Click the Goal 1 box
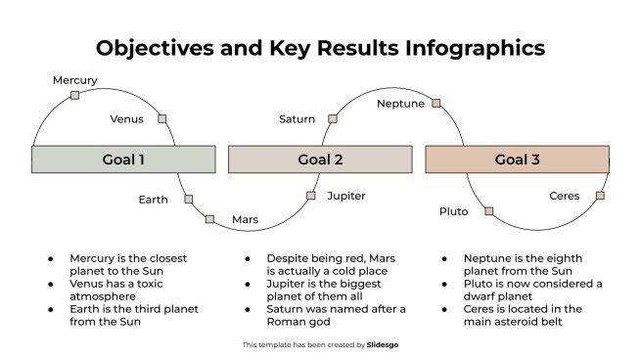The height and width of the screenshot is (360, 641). [x=123, y=159]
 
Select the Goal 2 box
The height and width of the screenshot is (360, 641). [x=320, y=159]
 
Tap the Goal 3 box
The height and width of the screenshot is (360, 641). [x=517, y=159]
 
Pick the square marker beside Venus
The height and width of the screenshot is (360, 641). [x=162, y=119]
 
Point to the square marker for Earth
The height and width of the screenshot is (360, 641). [x=188, y=200]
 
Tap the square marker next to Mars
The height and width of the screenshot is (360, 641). [x=209, y=219]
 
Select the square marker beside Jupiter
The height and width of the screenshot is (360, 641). [x=311, y=196]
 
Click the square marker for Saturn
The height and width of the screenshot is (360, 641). [x=333, y=118]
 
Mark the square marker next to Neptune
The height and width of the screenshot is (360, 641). [x=436, y=103]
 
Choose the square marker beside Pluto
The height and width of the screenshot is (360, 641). [x=488, y=211]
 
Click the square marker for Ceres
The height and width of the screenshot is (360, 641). [x=600, y=196]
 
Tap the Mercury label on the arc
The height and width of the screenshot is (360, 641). [x=75, y=80]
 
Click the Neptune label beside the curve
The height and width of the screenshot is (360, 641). [x=401, y=104]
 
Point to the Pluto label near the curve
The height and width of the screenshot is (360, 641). [x=454, y=211]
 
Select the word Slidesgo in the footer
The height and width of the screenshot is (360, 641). [x=383, y=344]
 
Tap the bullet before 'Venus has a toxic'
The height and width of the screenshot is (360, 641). [x=51, y=284]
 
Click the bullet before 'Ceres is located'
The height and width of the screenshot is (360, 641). [x=444, y=309]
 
